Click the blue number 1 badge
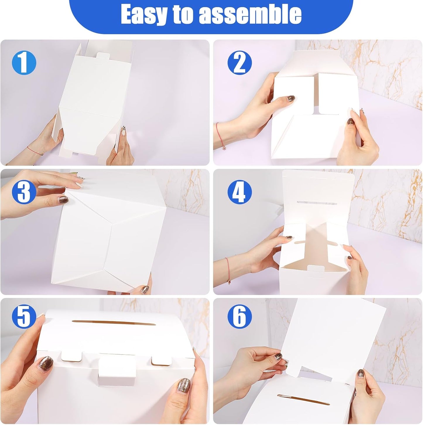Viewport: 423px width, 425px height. point(24,62)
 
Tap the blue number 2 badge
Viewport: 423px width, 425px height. point(239,62)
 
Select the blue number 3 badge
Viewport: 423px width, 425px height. point(24,192)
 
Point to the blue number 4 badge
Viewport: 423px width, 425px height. point(239,192)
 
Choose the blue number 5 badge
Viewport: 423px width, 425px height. point(24,317)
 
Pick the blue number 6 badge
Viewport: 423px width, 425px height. point(239,317)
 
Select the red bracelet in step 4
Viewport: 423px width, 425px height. point(228,270)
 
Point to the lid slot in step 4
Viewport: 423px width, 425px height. point(312,203)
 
